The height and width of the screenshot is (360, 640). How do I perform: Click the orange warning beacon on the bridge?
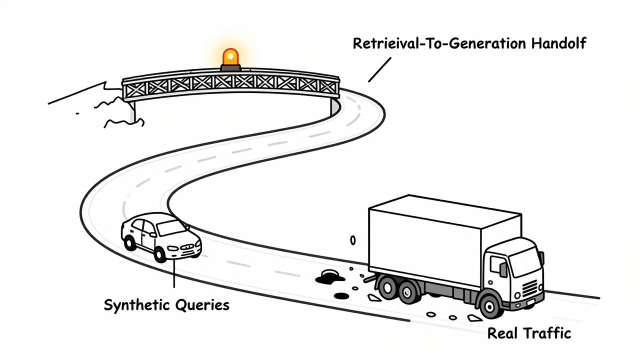point(230,57)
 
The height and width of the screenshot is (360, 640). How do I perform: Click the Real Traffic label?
point(529,333)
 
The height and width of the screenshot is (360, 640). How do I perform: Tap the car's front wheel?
point(160,254)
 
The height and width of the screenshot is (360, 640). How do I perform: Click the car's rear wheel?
point(130,243)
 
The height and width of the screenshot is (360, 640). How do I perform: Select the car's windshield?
point(170,228)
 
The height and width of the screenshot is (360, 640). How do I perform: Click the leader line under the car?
point(173,274)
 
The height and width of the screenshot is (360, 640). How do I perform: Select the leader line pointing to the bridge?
point(379,68)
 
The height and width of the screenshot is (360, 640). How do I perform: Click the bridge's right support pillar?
point(333,105)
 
